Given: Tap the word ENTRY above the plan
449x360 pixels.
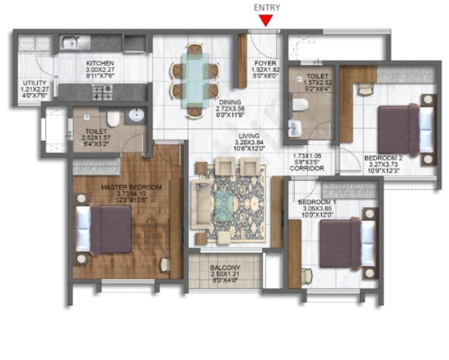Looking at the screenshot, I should pyautogui.click(x=266, y=7).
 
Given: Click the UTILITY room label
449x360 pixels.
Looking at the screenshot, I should pyautogui.click(x=35, y=83).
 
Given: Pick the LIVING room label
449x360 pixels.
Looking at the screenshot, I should pyautogui.click(x=249, y=136).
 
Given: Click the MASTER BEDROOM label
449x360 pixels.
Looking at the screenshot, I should pyautogui.click(x=131, y=187).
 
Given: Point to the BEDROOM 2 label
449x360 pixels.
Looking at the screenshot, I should pyautogui.click(x=381, y=158).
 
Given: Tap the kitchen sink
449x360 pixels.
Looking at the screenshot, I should pyautogui.click(x=75, y=42).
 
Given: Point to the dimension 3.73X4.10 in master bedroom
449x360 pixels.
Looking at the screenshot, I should pyautogui.click(x=131, y=193).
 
